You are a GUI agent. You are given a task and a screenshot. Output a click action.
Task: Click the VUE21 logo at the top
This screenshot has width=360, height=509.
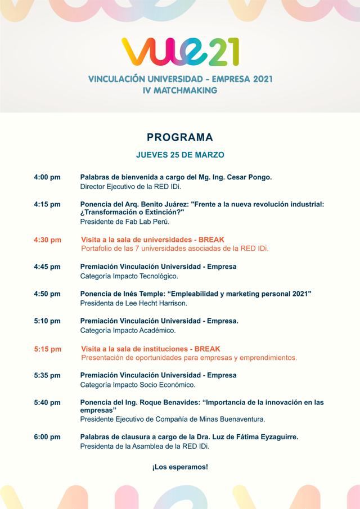pyautogui.click(x=180, y=51)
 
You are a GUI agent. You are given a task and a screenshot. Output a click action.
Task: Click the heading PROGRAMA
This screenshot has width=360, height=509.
pyautogui.click(x=180, y=137)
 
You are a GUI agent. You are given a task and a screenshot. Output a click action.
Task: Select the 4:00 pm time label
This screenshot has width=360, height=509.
pyautogui.click(x=47, y=177)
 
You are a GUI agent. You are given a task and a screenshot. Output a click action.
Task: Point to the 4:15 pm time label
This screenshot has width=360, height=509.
pyautogui.click(x=47, y=204)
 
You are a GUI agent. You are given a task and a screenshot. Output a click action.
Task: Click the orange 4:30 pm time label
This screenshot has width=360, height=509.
pyautogui.click(x=47, y=240)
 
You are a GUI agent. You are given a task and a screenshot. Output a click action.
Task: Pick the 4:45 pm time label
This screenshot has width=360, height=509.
pyautogui.click(x=47, y=267)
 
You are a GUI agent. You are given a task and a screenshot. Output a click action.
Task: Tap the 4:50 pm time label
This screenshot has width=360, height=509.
pyautogui.click(x=47, y=294)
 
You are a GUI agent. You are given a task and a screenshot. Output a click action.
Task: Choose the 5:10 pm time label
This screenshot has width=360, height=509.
pyautogui.click(x=47, y=321)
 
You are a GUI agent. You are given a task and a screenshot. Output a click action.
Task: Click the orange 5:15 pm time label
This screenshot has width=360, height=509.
pyautogui.click(x=47, y=349)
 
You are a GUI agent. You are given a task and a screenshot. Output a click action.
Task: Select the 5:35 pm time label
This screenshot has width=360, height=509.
pyautogui.click(x=47, y=375)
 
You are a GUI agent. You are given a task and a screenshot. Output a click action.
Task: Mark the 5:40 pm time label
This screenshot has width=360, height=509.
pyautogui.click(x=47, y=402)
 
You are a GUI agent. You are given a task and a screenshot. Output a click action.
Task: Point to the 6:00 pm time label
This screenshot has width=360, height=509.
pyautogui.click(x=47, y=437)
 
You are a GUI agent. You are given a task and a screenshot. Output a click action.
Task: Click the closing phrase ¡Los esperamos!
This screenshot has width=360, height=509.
pyautogui.click(x=180, y=467)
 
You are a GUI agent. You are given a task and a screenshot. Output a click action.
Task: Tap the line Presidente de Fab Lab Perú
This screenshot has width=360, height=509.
pyautogui.click(x=117, y=222)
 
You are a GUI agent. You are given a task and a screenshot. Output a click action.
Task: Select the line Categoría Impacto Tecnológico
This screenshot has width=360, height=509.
pyautogui.click(x=129, y=276)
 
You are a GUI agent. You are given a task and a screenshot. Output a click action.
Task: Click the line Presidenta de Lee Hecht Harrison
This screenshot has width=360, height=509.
pyautogui.click(x=134, y=303)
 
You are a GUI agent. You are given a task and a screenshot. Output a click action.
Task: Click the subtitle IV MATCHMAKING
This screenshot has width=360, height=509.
pyautogui.click(x=180, y=90)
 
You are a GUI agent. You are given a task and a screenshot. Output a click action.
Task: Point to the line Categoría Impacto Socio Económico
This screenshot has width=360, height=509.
pyautogui.click(x=138, y=385)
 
